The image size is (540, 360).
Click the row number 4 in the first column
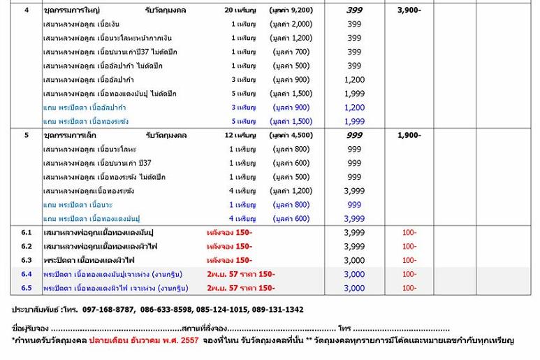tap(27, 10)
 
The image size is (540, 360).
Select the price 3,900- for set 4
tap(409, 10)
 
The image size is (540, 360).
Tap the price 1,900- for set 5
tap(409, 135)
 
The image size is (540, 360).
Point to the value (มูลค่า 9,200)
tap(291, 10)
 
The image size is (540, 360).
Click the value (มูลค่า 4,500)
tap(291, 135)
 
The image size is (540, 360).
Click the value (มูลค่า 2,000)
tap(291, 24)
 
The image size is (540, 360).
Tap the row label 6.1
tap(27, 232)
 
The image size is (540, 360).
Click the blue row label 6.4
tap(27, 274)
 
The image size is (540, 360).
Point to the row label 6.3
tap(27, 260)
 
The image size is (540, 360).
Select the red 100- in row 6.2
tap(409, 246)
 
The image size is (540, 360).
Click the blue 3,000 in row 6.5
tap(354, 288)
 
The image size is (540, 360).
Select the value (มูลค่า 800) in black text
tap(291, 149)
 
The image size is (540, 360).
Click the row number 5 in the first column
tap(27, 135)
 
